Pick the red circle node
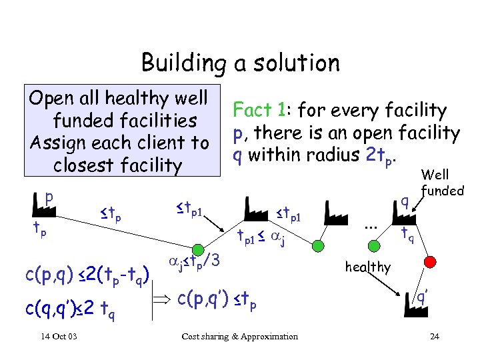(431, 259)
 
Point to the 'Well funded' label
(442, 183)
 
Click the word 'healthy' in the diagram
(368, 267)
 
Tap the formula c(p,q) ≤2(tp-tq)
(89, 273)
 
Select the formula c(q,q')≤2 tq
(74, 308)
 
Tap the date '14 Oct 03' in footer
(58, 336)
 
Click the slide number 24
(434, 336)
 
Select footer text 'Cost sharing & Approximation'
(239, 336)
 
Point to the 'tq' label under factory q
(407, 235)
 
